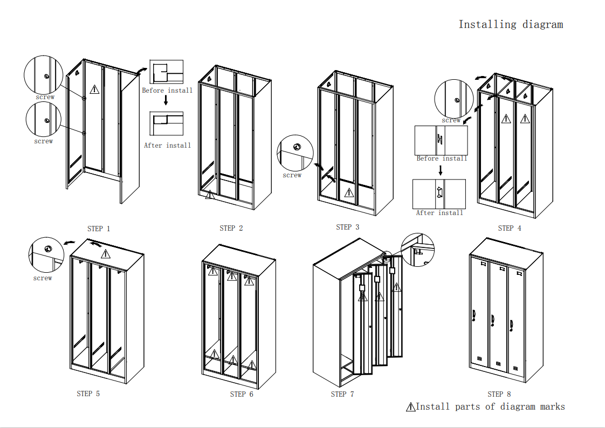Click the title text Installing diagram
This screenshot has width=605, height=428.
(510, 24)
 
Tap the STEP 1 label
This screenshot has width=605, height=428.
(99, 229)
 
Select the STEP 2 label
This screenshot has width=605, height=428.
(231, 228)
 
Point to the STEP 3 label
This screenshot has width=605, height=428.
(347, 227)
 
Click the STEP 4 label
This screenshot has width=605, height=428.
(510, 228)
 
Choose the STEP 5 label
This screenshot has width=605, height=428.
(88, 394)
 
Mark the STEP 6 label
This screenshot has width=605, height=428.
(242, 394)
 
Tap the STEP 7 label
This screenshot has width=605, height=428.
(342, 394)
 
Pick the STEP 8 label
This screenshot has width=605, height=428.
(499, 394)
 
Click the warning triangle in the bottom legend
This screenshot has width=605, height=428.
(411, 407)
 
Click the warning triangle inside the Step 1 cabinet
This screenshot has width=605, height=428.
(95, 89)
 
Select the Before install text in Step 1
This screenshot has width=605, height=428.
(167, 91)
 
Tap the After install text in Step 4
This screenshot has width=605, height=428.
(439, 213)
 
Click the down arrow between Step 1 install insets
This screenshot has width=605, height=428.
(166, 101)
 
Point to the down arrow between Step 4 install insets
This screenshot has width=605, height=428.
(441, 170)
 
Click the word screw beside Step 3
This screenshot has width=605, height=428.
(292, 175)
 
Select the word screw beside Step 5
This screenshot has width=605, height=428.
(43, 278)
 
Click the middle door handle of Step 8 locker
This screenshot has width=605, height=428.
(493, 321)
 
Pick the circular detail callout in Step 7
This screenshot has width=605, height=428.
(418, 250)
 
